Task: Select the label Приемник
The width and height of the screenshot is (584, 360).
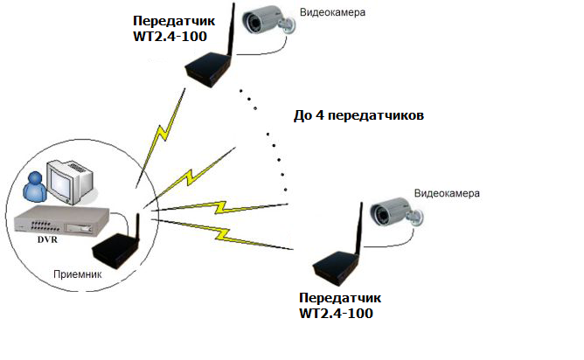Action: [x=79, y=274]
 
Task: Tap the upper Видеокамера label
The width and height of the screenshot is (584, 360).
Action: [x=332, y=13]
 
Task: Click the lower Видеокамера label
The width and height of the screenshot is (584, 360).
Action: [x=447, y=191]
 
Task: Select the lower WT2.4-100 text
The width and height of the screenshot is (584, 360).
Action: [x=337, y=312]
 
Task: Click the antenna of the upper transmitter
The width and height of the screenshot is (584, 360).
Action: [x=233, y=26]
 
